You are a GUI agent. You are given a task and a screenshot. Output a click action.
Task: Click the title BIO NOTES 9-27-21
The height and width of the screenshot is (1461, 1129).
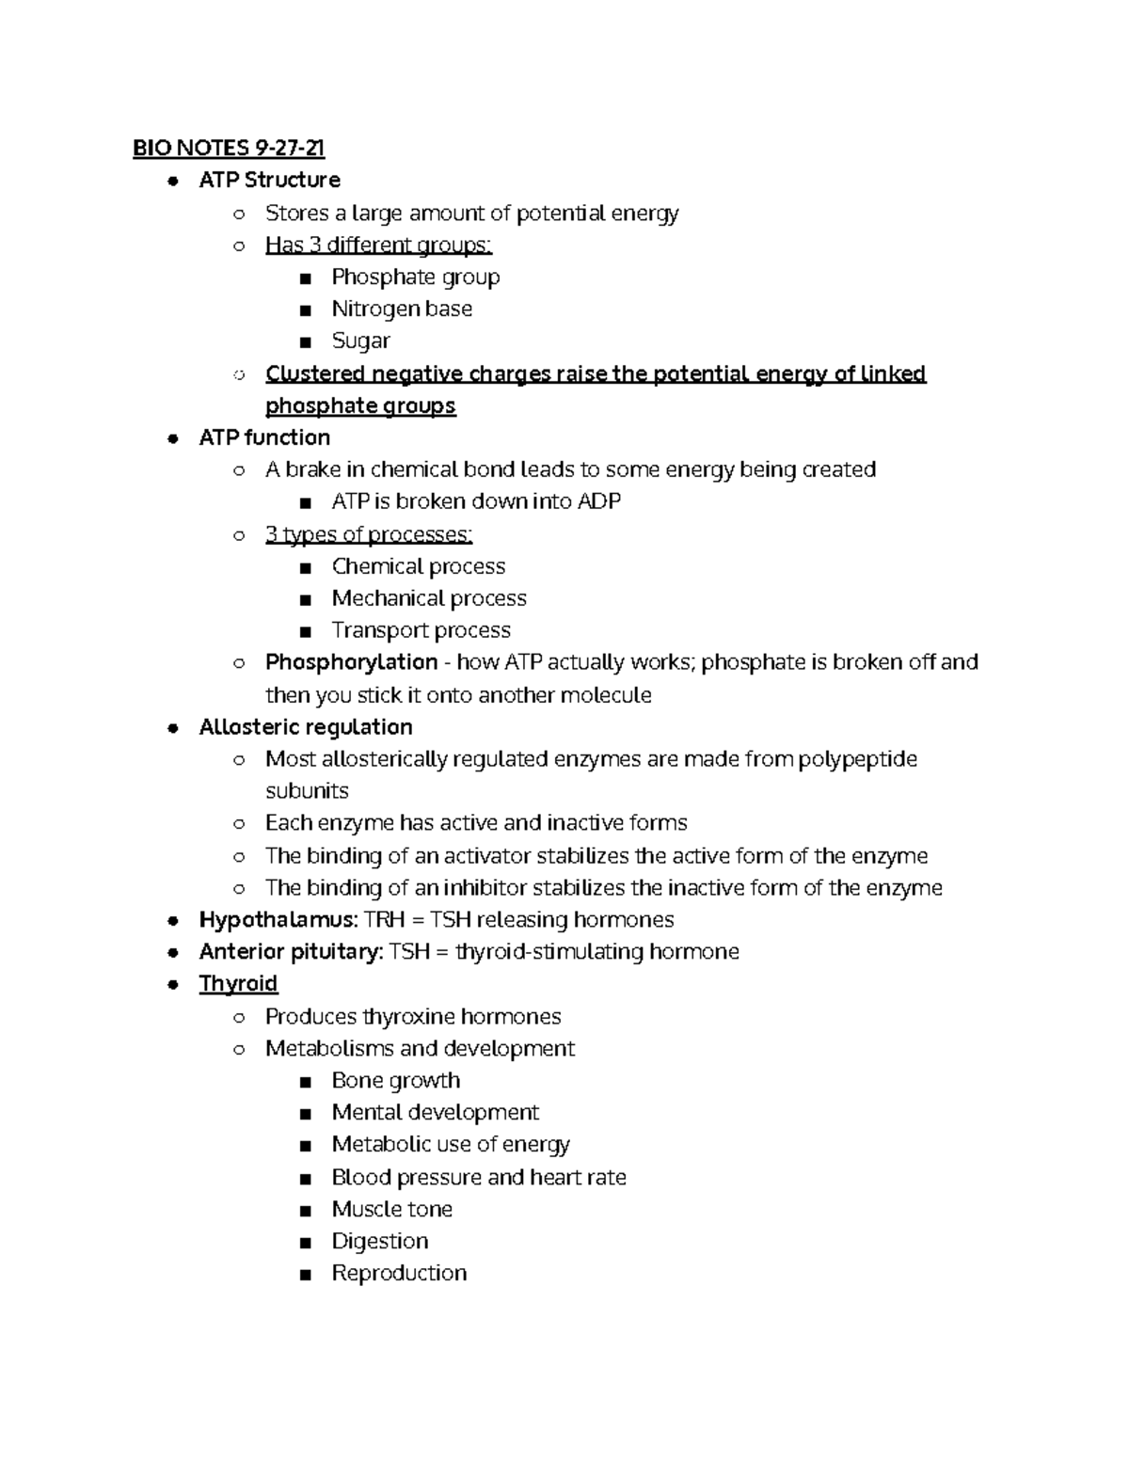pos(229,148)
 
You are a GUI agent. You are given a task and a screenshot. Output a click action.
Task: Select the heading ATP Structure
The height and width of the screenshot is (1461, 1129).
pos(269,180)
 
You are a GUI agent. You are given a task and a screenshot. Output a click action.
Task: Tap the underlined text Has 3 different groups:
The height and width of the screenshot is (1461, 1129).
pos(378,246)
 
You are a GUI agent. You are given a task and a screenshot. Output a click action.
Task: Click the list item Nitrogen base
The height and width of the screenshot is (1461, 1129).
pos(402,309)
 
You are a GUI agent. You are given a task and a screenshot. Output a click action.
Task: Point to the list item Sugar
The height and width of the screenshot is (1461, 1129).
pos(360,341)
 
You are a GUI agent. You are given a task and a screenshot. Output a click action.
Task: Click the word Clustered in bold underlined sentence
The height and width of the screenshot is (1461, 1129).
pos(314,373)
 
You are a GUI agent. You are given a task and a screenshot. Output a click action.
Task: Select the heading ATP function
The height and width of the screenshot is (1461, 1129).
pos(264,437)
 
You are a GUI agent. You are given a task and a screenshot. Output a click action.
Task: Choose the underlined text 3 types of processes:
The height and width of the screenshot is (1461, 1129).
pos(369,534)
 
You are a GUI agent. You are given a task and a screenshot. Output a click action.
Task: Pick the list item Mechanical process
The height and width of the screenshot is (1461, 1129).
pos(429,598)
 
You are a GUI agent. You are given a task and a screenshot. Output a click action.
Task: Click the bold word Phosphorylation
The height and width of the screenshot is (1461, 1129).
pos(351,662)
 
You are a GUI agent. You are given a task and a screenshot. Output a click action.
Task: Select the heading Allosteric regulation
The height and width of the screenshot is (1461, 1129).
pos(306,727)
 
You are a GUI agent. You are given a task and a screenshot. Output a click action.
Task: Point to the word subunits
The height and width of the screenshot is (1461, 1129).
pos(307,791)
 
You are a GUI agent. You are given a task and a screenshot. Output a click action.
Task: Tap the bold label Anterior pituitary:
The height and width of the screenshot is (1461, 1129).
pos(291,952)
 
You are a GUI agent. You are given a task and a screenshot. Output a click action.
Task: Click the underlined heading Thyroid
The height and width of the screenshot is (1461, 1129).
pos(238,984)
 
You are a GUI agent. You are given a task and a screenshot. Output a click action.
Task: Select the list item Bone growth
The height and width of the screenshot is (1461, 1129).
pos(396,1080)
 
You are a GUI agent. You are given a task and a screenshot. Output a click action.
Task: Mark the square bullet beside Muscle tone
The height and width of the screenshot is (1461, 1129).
pos(304,1210)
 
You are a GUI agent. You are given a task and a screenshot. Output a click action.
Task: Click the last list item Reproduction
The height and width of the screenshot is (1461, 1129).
pos(399,1273)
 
